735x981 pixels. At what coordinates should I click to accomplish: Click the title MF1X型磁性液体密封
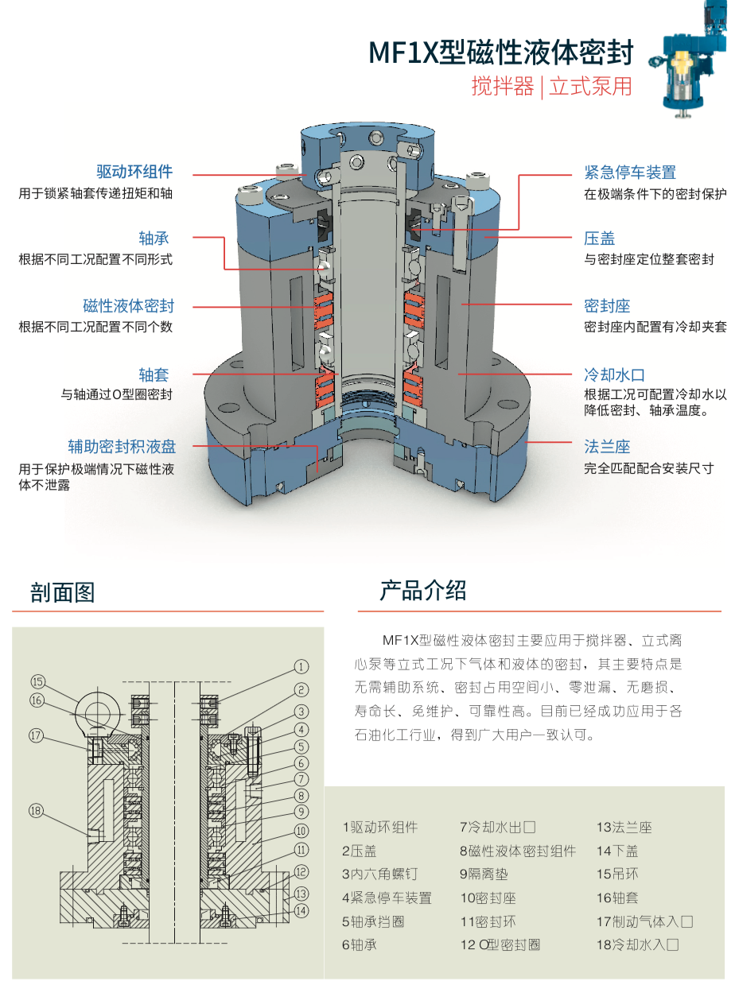pyautogui.click(x=501, y=52)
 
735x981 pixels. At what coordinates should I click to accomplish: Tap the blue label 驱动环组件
pyautogui.click(x=134, y=172)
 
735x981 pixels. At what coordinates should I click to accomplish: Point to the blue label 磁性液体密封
pyautogui.click(x=128, y=306)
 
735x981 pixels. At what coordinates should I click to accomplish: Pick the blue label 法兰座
pyautogui.click(x=607, y=447)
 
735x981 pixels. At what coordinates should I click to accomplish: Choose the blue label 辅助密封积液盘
pyautogui.click(x=120, y=447)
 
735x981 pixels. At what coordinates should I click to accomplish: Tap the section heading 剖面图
pyautogui.click(x=63, y=591)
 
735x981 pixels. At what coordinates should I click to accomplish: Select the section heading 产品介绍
pyautogui.click(x=423, y=591)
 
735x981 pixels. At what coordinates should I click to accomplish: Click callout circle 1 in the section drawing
pyautogui.click(x=301, y=666)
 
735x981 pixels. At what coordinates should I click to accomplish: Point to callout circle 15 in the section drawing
pyautogui.click(x=38, y=681)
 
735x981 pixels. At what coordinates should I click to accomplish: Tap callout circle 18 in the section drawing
pyautogui.click(x=35, y=812)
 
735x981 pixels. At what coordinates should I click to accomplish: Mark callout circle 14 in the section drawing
pyautogui.click(x=301, y=911)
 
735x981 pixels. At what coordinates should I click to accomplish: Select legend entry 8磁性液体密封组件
pyautogui.click(x=518, y=851)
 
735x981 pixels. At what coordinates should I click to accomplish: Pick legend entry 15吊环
pyautogui.click(x=617, y=874)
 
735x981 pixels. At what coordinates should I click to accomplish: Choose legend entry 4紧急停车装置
pyautogui.click(x=387, y=898)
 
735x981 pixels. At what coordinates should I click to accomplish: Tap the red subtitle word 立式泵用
pyautogui.click(x=591, y=86)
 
